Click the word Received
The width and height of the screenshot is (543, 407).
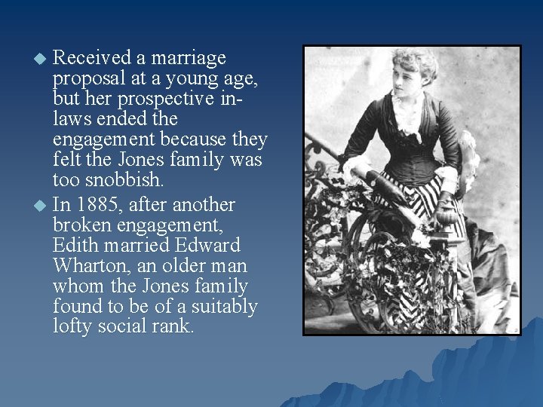pos(90,58)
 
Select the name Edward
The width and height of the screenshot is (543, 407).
pos(204,246)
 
